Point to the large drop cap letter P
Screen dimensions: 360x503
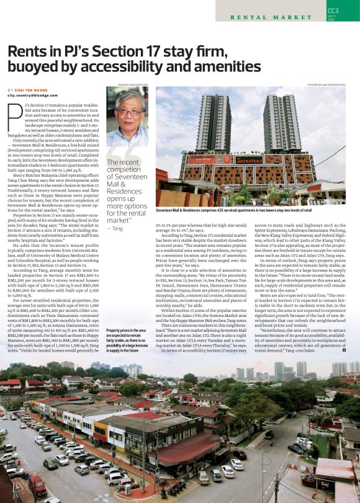click(x=13, y=114)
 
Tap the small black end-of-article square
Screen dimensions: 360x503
click(x=344, y=350)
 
